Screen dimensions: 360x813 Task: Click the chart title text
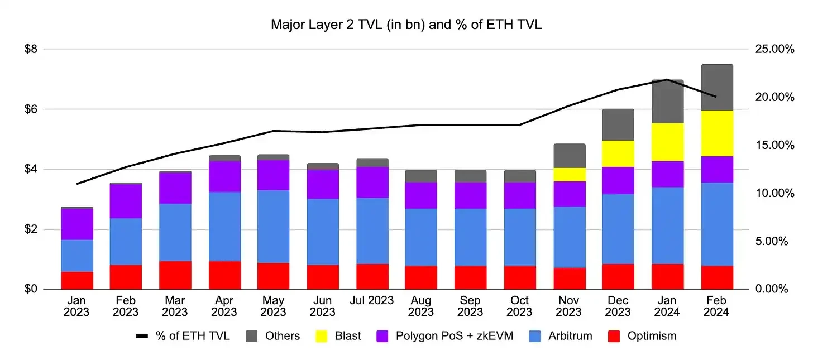coord(406,25)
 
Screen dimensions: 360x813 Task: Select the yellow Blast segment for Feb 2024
coord(716,133)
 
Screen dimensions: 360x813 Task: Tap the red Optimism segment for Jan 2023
coord(76,280)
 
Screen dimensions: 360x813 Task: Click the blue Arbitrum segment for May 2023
coord(273,226)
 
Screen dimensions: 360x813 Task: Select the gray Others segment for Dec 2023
coord(618,124)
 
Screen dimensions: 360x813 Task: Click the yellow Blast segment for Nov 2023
coord(569,174)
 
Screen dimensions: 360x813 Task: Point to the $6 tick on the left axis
coord(30,109)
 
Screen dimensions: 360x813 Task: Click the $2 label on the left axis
coord(30,229)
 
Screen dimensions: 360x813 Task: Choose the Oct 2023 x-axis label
coord(519,306)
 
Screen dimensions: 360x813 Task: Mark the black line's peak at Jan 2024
coord(667,79)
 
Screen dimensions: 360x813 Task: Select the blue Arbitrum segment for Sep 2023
coord(470,237)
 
